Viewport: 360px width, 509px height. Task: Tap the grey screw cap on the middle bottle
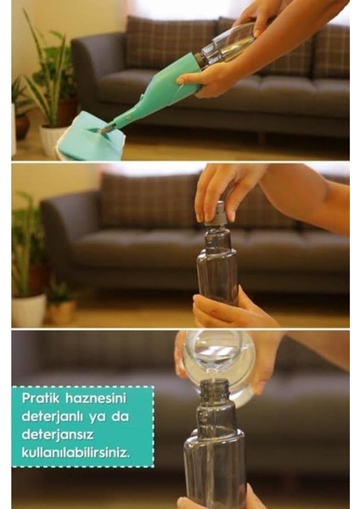pos(217,214)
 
